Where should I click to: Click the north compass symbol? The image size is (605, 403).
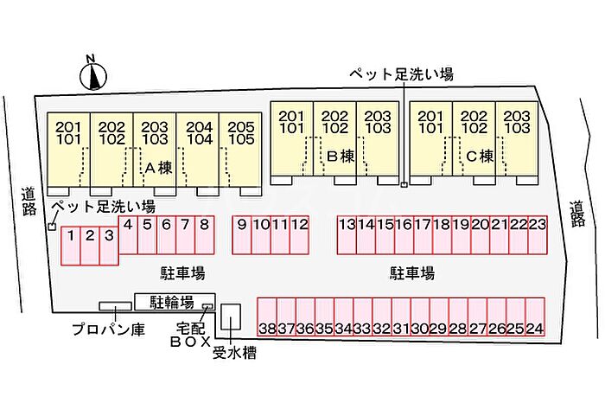pyautogui.click(x=93, y=76)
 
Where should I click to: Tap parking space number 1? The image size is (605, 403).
pyautogui.click(x=71, y=246)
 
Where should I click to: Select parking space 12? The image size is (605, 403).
pyautogui.click(x=299, y=235)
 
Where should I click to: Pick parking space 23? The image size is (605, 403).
pyautogui.click(x=538, y=235)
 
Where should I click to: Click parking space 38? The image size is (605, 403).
pyautogui.click(x=267, y=317)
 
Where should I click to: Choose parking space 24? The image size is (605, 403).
pyautogui.click(x=535, y=317)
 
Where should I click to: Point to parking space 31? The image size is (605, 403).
pyautogui.click(x=401, y=317)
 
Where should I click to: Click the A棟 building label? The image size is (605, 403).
pyautogui.click(x=158, y=168)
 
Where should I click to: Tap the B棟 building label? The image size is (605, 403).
pyautogui.click(x=341, y=157)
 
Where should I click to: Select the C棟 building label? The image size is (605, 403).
pyautogui.click(x=480, y=157)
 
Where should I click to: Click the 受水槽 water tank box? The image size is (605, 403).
pyautogui.click(x=231, y=317)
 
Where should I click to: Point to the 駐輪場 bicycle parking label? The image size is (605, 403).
pyautogui.click(x=172, y=303)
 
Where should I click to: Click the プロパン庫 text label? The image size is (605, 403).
pyautogui.click(x=108, y=329)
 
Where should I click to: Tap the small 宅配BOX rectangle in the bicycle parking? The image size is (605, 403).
pyautogui.click(x=208, y=306)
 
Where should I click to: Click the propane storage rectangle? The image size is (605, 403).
pyautogui.click(x=115, y=306)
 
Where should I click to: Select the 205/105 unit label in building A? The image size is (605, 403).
pyautogui.click(x=241, y=133)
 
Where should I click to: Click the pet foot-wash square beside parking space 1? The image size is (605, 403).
pyautogui.click(x=52, y=227)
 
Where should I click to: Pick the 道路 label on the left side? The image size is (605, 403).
pyautogui.click(x=29, y=201)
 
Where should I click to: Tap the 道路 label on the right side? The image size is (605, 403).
pyautogui.click(x=577, y=214)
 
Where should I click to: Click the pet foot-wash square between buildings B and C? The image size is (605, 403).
pyautogui.click(x=404, y=185)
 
